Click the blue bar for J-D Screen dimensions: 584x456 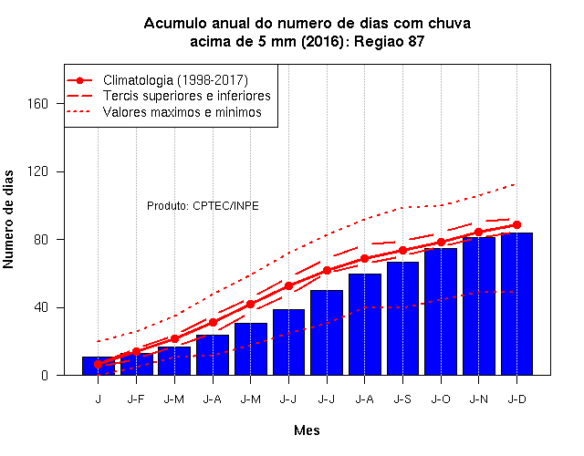(x=516, y=304)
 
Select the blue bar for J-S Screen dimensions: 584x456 (x=402, y=318)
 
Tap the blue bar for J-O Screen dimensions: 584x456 (x=441, y=312)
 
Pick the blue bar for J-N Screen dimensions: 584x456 (x=478, y=306)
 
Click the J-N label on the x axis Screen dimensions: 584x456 (x=478, y=399)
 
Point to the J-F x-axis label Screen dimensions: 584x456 (x=136, y=399)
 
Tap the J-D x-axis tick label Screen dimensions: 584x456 (x=517, y=399)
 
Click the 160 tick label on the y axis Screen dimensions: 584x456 (x=37, y=103)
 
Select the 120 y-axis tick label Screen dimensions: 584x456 (x=37, y=171)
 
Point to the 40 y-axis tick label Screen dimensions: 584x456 (x=41, y=307)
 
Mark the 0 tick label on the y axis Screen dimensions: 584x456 (x=45, y=375)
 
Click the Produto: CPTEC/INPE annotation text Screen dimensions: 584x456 (x=203, y=206)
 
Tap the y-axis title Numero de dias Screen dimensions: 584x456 (x=8, y=220)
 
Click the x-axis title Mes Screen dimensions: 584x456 (x=307, y=430)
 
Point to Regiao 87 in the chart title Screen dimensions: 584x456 (x=389, y=41)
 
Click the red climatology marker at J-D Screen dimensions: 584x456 (x=516, y=225)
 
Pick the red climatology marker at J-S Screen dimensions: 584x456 (x=402, y=251)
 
